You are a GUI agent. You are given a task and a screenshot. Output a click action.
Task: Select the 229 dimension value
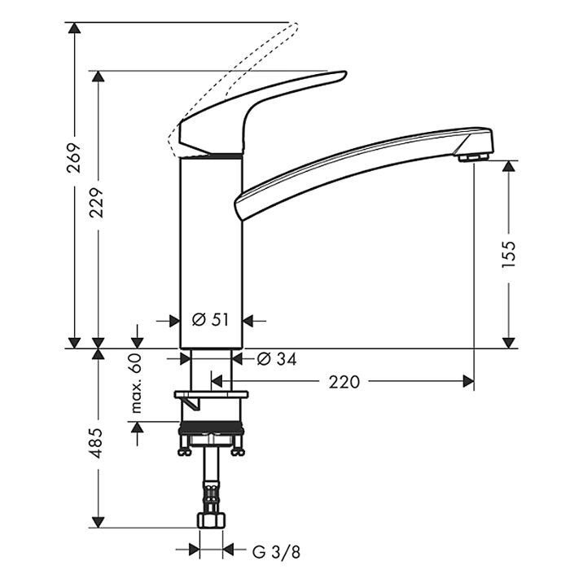99,210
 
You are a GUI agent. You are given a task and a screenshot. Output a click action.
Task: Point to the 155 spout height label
509,254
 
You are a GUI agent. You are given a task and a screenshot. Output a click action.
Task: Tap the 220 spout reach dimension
343,380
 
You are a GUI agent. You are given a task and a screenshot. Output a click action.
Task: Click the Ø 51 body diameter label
211,320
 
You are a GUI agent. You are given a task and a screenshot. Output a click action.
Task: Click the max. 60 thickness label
136,383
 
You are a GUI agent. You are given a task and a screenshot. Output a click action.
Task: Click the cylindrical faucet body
210,244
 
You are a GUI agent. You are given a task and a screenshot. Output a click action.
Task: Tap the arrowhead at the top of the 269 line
74,28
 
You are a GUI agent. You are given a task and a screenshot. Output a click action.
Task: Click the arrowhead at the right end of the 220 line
469,380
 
